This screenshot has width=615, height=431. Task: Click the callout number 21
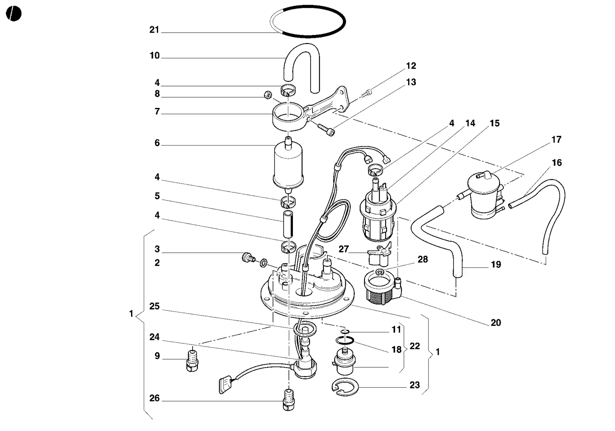point(154,30)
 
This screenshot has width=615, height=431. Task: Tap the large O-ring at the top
point(307,36)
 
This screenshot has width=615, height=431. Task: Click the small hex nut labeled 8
point(268,95)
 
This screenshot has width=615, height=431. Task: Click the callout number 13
point(411,82)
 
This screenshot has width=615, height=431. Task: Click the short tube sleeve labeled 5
point(288,224)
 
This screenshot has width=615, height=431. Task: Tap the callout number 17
point(557,140)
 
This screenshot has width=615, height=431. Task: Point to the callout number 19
point(496,264)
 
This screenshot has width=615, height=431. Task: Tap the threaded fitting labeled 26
point(289,400)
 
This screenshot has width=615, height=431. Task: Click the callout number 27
point(344,249)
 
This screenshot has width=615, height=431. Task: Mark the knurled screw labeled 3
point(248,257)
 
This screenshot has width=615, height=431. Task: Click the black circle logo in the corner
point(13,13)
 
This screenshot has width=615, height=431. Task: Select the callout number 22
point(415,346)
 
